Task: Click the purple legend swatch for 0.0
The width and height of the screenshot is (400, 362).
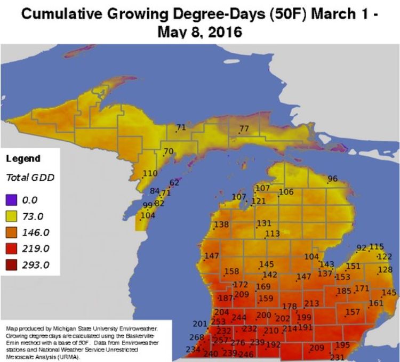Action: [x=12, y=200]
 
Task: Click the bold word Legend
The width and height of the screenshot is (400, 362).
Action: [x=23, y=159]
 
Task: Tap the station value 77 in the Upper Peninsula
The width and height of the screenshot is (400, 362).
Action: [x=244, y=128]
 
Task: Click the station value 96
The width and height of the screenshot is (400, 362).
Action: [x=333, y=179]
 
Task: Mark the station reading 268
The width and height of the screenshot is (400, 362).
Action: [x=197, y=337]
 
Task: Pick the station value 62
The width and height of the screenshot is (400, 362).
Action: [x=174, y=182]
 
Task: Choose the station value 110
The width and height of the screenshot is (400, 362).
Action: [x=150, y=173]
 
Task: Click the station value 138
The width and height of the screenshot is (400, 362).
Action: [x=221, y=224]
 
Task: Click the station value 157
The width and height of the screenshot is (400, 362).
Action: [x=353, y=312]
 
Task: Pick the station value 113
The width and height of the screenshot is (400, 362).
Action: [x=272, y=234]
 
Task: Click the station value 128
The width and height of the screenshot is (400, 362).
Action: [x=385, y=270]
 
